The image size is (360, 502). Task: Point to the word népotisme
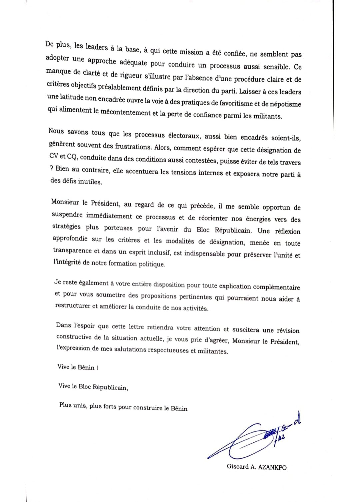tap(285, 104)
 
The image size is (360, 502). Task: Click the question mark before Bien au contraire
tap(52, 168)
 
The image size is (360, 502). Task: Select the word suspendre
tap(67, 215)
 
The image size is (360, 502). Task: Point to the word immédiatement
tap(109, 216)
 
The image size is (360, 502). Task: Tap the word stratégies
tap(66, 227)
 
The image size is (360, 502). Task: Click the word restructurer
tap(73, 305)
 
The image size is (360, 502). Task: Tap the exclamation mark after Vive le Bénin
tap(97, 368)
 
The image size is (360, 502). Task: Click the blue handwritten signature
tap(253, 438)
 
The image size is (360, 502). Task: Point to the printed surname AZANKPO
tap(272, 467)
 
